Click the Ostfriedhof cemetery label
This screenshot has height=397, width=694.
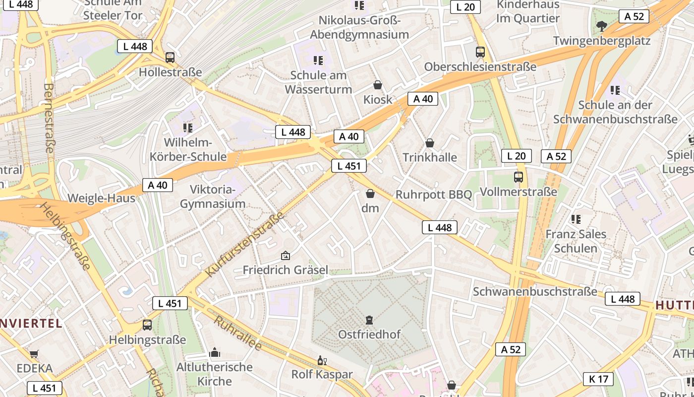[369, 334]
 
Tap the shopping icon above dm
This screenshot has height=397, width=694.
[370, 194]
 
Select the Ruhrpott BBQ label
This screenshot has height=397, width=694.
[433, 195]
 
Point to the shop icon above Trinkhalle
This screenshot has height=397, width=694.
[430, 143]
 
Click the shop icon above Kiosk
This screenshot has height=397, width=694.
[378, 85]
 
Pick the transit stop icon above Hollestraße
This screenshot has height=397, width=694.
[170, 57]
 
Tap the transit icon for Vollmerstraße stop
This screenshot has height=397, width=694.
[519, 177]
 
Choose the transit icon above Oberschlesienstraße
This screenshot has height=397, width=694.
[480, 52]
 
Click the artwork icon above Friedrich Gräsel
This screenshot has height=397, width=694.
[285, 256]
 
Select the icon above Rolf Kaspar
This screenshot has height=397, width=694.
[322, 360]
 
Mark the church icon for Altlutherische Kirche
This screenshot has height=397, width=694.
[215, 352]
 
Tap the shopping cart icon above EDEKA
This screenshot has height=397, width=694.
[34, 354]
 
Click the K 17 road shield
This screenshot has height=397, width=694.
[598, 379]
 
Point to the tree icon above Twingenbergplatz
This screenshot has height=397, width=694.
[601, 26]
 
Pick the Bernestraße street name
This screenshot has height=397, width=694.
[49, 118]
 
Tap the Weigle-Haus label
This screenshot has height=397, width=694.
[101, 198]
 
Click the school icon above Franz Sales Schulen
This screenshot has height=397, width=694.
[576, 219]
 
